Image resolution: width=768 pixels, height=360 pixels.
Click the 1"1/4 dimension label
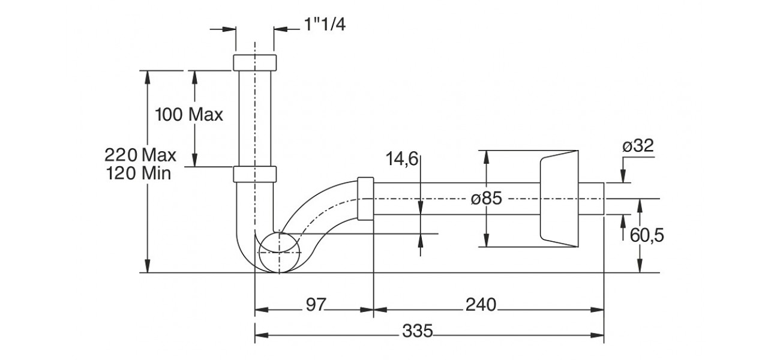(325, 26)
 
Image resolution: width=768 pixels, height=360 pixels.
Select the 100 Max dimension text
(188, 115)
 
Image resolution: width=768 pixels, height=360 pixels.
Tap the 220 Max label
(140, 155)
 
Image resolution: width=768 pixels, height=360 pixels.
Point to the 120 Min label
(140, 174)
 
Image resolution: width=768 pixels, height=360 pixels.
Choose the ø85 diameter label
(486, 199)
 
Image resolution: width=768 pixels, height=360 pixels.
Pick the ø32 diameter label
(638, 146)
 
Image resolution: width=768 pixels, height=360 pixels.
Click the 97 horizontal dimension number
(316, 305)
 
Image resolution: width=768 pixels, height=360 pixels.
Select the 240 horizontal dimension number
(481, 305)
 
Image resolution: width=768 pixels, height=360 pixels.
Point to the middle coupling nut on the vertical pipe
(254, 173)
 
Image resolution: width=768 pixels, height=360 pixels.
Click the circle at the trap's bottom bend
(279, 252)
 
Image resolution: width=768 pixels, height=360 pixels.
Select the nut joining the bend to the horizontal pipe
(365, 198)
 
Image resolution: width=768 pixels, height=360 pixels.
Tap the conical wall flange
(559, 199)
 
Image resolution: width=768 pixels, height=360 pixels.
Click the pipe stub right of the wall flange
(591, 199)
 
